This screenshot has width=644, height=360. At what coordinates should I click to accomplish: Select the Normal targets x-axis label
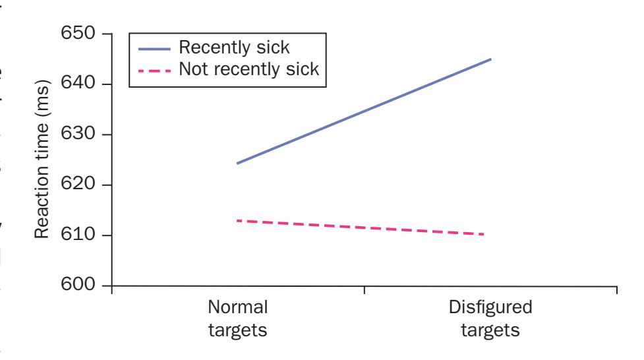pos(238,318)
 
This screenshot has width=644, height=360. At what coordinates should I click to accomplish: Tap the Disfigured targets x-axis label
pos(490,318)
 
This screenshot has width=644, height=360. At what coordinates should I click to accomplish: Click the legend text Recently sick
pos(235,48)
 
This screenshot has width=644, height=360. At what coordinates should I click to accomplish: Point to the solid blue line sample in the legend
pos(154,48)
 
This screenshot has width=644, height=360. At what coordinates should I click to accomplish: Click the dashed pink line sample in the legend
pos(154,69)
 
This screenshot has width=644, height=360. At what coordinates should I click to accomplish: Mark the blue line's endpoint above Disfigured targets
pos(491,59)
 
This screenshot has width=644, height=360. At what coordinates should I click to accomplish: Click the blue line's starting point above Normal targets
pos(237,164)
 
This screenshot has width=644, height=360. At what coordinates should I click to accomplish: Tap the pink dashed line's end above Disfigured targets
pos(484,234)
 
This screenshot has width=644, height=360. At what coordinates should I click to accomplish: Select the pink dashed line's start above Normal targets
pos(237,220)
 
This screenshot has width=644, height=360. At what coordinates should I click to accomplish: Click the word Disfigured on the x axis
pos(490,308)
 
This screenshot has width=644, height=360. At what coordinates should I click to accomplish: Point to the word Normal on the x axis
pos(238,308)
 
